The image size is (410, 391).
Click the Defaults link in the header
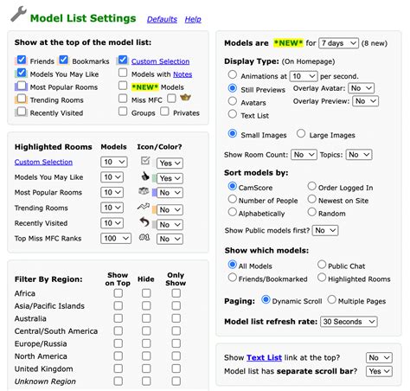pyautogui.click(x=162, y=19)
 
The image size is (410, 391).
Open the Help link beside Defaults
pyautogui.click(x=193, y=19)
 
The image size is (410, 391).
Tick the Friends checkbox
pyautogui.click(x=22, y=61)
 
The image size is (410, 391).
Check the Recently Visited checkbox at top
pyautogui.click(x=22, y=112)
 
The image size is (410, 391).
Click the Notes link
pyautogui.click(x=183, y=74)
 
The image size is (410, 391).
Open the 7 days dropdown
pyautogui.click(x=338, y=42)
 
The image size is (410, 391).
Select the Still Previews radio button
pyautogui.click(x=233, y=87)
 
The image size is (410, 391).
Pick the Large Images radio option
pyautogui.click(x=301, y=134)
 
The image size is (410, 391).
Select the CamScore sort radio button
pyautogui.click(x=233, y=186)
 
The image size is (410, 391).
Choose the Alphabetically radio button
pyautogui.click(x=233, y=212)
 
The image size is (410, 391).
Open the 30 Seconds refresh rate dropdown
pyautogui.click(x=349, y=321)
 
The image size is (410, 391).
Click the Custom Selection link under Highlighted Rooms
pyautogui.click(x=43, y=162)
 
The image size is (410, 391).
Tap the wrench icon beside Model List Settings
pyautogui.click(x=16, y=17)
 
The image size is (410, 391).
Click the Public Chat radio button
pyautogui.click(x=323, y=265)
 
